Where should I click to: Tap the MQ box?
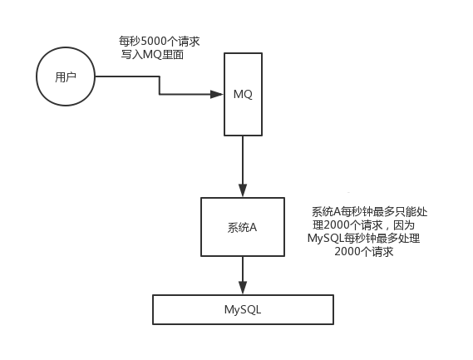(x=243, y=94)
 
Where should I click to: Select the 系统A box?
(x=243, y=227)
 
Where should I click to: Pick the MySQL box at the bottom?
(x=243, y=309)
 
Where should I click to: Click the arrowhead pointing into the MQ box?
(x=219, y=93)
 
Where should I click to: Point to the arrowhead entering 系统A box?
(x=243, y=192)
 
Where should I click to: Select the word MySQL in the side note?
(x=327, y=239)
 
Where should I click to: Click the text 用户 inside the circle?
(x=65, y=77)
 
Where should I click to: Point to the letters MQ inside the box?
(x=243, y=93)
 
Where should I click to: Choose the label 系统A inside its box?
(x=243, y=227)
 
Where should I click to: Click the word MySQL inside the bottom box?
(x=243, y=309)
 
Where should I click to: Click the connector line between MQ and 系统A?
(x=243, y=162)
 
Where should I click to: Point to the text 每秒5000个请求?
(x=160, y=39)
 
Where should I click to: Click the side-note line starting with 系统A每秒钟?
(x=369, y=212)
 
